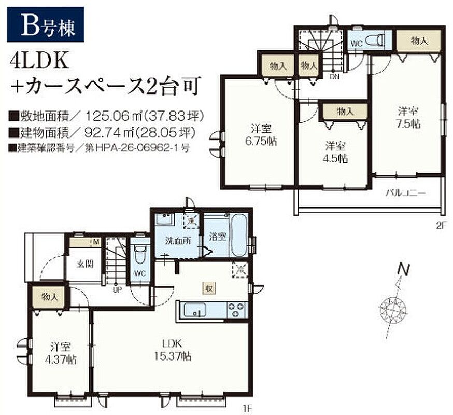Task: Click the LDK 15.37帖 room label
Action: (x=173, y=350)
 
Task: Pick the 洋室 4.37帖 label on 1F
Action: (x=61, y=353)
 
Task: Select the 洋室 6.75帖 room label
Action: (x=261, y=134)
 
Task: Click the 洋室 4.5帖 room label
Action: (x=335, y=152)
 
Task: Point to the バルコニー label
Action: (x=406, y=193)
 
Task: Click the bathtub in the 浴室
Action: (x=238, y=236)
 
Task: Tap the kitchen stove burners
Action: (x=237, y=310)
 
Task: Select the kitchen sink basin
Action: (x=195, y=310)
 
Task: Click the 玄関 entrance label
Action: (x=85, y=264)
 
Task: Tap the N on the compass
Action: (x=404, y=270)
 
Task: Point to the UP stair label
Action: (x=117, y=290)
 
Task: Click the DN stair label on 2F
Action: (x=334, y=77)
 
